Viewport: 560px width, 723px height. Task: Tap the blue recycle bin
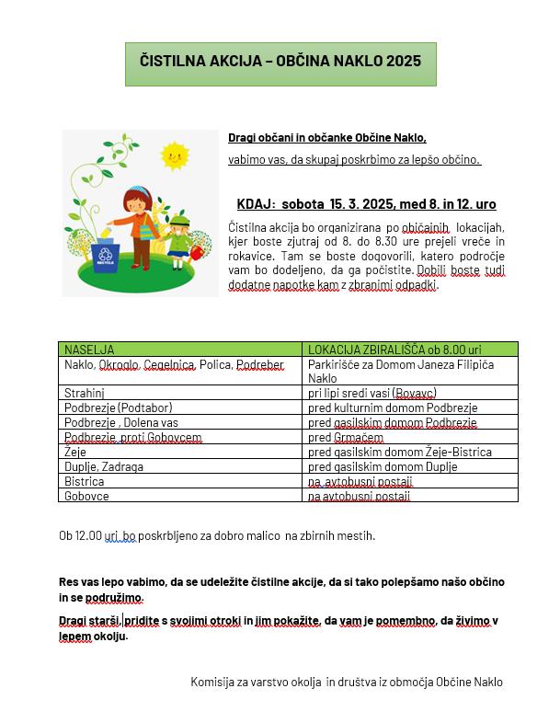tap(104, 257)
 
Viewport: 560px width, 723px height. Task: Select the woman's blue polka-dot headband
tap(140, 190)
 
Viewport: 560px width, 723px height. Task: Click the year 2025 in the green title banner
tap(404, 62)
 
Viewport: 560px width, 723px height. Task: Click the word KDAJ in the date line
tap(255, 204)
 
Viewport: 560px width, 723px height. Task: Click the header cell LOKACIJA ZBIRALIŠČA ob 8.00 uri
tap(395, 350)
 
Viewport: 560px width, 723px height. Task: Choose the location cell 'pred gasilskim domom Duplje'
tap(383, 466)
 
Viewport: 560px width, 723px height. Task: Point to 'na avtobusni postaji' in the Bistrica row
tap(359, 481)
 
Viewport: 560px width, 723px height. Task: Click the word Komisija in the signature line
tap(212, 682)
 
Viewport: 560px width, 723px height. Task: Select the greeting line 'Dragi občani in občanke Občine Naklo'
tap(327, 138)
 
